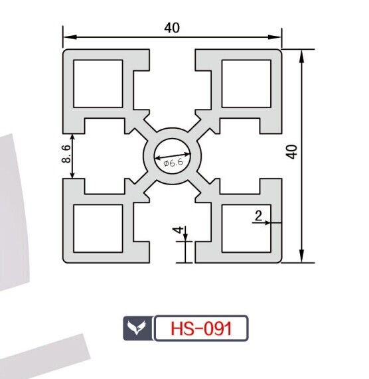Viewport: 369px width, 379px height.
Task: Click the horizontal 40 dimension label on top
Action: pos(172,28)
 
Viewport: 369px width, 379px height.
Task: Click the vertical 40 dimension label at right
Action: pos(292,152)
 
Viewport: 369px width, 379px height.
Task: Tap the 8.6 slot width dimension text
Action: pos(66,154)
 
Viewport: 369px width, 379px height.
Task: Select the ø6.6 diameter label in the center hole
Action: pos(173,163)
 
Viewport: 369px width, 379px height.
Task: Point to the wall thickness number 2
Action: pos(258,216)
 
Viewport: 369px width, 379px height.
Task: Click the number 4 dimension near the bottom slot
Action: pos(179,230)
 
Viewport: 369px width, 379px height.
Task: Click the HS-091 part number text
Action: pos(201,329)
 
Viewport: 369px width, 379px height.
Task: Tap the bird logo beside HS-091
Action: pos(137,327)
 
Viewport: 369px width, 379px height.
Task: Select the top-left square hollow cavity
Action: pos(98,84)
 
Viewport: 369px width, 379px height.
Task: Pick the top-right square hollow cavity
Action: pos(246,84)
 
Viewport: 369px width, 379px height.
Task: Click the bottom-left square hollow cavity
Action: pos(98,228)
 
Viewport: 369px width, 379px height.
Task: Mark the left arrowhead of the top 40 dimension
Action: pos(70,37)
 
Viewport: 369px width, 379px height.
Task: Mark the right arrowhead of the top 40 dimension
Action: pos(275,37)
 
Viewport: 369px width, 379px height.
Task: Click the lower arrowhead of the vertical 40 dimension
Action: pos(301,256)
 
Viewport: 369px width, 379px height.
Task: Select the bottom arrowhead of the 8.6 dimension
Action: pos(72,175)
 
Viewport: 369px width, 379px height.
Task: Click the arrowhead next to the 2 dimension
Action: pos(266,222)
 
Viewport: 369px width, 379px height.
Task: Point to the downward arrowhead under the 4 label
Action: pos(185,237)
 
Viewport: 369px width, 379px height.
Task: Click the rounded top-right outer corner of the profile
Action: pos(280,51)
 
